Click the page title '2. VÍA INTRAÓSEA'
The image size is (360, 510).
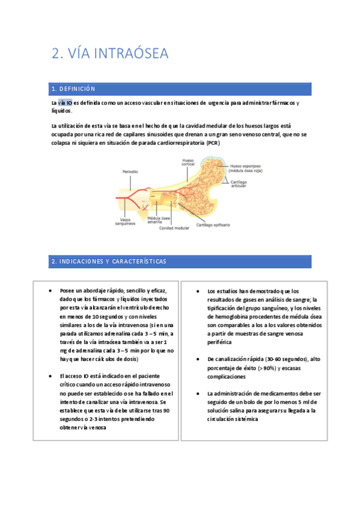(x=110, y=54)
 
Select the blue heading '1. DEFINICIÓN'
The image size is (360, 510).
(x=74, y=89)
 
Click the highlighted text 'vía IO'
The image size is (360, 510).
(x=65, y=103)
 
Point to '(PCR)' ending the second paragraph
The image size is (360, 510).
(x=213, y=144)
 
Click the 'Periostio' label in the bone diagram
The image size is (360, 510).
(x=130, y=171)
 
